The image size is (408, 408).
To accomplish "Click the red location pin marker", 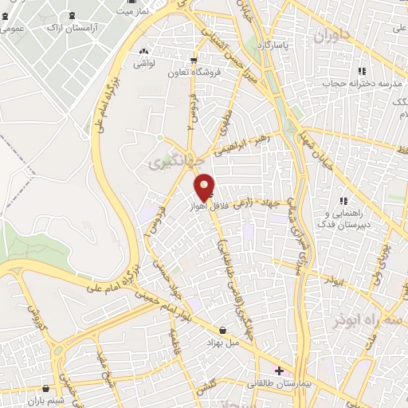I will click(x=205, y=186).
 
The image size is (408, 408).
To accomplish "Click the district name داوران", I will click(x=331, y=37).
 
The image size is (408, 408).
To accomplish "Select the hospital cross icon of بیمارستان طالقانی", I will click(x=279, y=371).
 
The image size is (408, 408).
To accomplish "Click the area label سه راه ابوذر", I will click(x=368, y=320).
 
